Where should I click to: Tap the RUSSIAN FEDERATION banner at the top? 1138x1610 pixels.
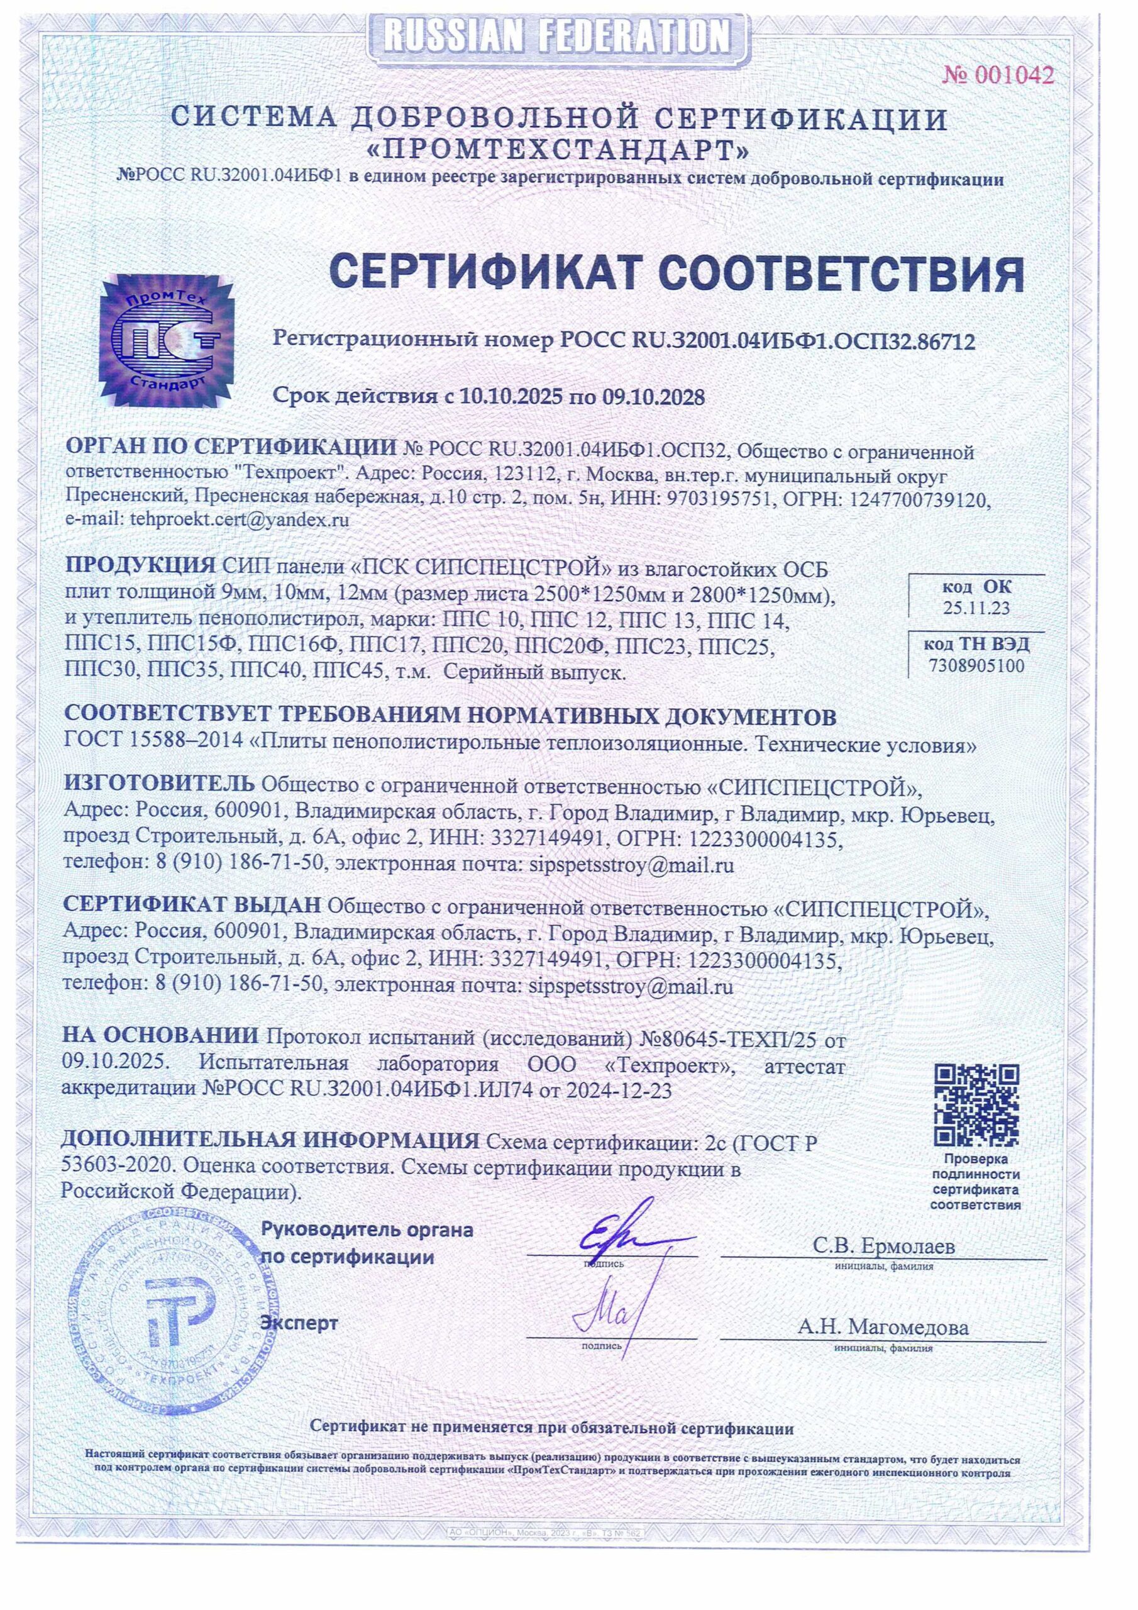559,35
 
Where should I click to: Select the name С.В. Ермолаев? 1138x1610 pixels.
883,1246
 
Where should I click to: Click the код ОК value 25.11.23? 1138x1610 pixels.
976,608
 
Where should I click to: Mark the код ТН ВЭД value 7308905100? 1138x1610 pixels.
976,665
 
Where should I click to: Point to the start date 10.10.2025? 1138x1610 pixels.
511,397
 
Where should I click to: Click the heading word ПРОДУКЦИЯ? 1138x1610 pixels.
140,565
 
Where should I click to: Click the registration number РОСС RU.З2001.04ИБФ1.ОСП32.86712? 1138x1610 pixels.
768,341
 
